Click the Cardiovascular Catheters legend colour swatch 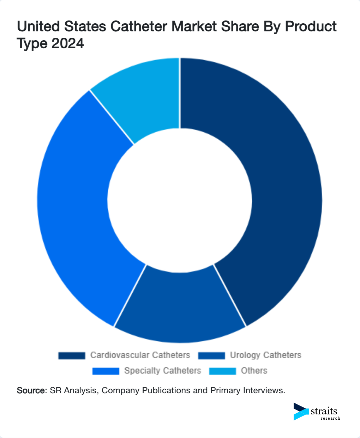[72, 355]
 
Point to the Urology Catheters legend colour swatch [211, 355]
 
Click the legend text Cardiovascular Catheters [140, 355]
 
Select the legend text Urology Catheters [265, 355]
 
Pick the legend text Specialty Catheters [162, 371]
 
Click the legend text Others [254, 371]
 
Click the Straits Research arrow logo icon [301, 412]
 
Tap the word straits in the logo [324, 411]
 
